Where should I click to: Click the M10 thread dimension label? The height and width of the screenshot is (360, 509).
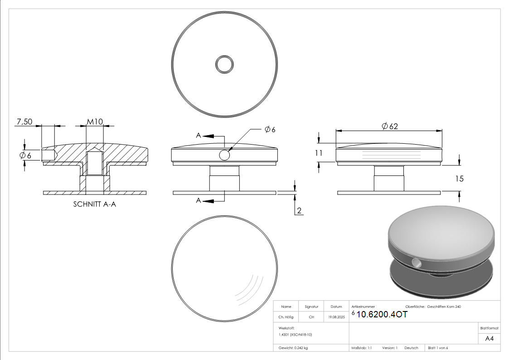pos(95,122)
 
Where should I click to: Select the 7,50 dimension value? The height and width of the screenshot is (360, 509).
pos(24,122)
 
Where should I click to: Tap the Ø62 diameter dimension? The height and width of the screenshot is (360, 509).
pos(389,126)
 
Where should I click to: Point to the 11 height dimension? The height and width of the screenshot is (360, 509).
pos(320,153)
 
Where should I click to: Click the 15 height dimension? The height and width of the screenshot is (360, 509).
pos(459,179)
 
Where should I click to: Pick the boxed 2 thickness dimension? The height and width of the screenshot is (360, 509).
pos(299,210)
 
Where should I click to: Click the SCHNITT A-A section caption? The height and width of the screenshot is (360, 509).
pos(95,204)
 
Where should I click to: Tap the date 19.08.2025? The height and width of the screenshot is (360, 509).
pos(336,317)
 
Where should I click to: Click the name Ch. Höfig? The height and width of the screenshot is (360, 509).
pos(286,317)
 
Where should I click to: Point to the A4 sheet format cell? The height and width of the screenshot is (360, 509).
pos(489,338)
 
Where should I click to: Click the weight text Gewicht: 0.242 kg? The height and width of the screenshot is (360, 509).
pos(293,348)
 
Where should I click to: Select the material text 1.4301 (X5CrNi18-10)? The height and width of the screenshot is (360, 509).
pos(296,334)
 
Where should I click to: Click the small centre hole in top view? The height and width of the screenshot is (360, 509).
pos(224,64)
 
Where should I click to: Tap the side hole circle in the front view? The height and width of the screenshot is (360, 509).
pos(224,155)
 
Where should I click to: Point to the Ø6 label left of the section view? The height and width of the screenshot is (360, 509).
pos(25,155)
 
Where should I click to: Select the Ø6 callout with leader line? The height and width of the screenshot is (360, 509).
pos(270,129)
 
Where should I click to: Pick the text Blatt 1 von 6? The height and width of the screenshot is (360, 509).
pos(438,348)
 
